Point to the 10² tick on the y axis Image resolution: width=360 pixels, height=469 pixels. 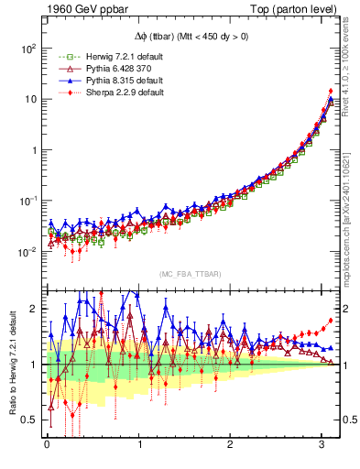coord(29,48)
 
